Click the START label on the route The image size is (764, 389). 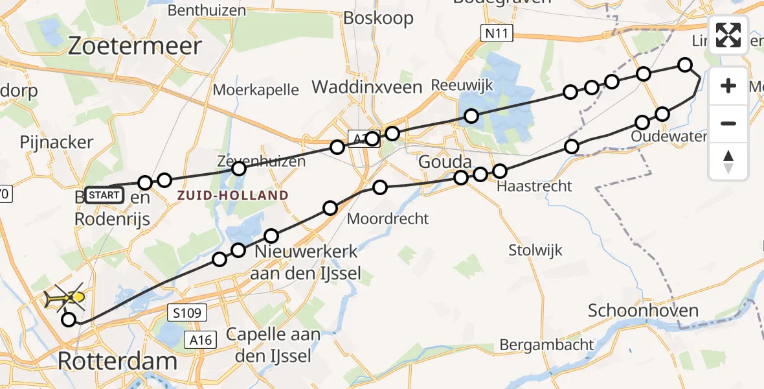pyautogui.click(x=104, y=194)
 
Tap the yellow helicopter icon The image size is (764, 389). pyautogui.click(x=63, y=298)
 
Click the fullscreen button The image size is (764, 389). pyautogui.click(x=728, y=35)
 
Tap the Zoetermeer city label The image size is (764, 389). pyautogui.click(x=135, y=47)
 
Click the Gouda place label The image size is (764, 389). pyautogui.click(x=444, y=161)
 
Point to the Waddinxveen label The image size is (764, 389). pyautogui.click(x=367, y=87)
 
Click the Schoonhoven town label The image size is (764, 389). pyautogui.click(x=643, y=311)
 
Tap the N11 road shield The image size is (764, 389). pyautogui.click(x=497, y=32)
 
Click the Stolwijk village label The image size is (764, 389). pyautogui.click(x=535, y=250)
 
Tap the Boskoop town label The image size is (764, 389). pyautogui.click(x=378, y=18)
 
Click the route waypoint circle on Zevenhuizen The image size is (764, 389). pyautogui.click(x=239, y=169)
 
